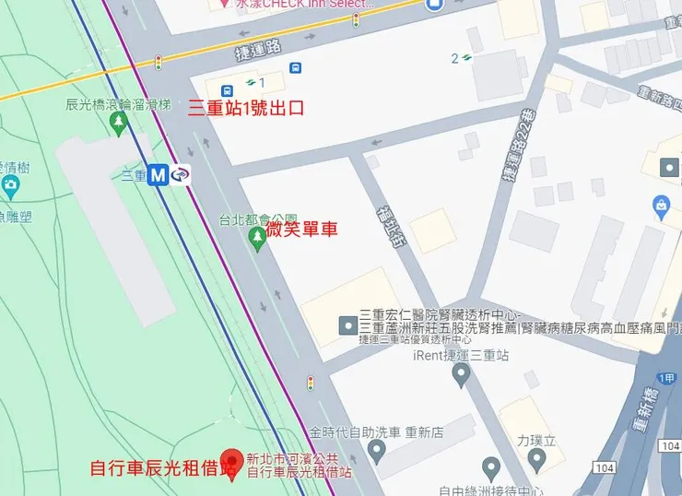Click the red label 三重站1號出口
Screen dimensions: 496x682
click(246, 107)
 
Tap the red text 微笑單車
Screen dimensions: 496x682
click(301, 228)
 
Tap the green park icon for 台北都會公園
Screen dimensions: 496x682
click(258, 239)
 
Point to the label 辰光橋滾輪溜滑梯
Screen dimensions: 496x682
click(117, 105)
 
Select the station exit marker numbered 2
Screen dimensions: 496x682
click(461, 59)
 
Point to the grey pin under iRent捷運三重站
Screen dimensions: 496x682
click(461, 374)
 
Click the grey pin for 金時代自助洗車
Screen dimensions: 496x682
click(375, 450)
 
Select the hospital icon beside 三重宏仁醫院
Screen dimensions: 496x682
click(347, 325)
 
